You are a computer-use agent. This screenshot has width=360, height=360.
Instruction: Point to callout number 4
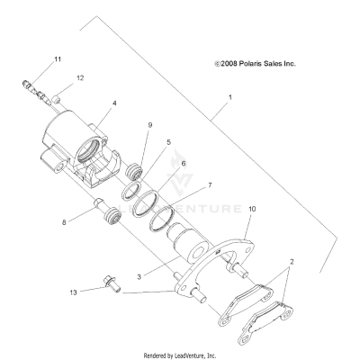pos(114,103)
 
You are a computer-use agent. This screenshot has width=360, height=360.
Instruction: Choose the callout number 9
pos(150,124)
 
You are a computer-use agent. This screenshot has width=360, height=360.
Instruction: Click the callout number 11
pos(58,59)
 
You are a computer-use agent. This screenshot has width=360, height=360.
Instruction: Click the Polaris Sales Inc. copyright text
pos(256,64)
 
